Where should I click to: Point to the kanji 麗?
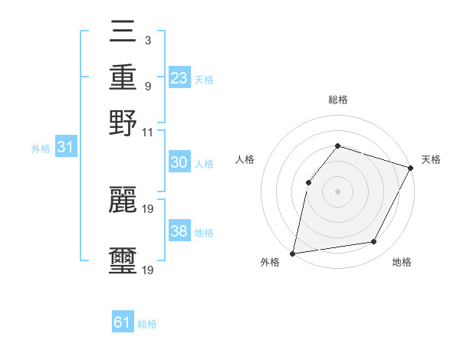pyautogui.click(x=123, y=198)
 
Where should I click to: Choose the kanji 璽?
pyautogui.click(x=123, y=259)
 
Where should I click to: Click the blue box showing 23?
pyautogui.click(x=179, y=77)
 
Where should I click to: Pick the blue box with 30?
pyautogui.click(x=179, y=163)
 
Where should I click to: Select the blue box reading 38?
pyautogui.click(x=179, y=231)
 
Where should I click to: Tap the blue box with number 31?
pyautogui.click(x=65, y=148)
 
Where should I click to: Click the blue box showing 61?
pyautogui.click(x=123, y=322)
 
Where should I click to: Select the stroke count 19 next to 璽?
pyautogui.click(x=148, y=270)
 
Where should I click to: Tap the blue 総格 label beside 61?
pyautogui.click(x=147, y=324)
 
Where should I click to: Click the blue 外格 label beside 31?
pyautogui.click(x=40, y=149)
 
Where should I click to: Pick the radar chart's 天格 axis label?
pyautogui.click(x=431, y=159)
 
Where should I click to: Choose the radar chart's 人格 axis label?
pyautogui.click(x=245, y=159)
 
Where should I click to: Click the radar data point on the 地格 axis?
pyautogui.click(x=374, y=242)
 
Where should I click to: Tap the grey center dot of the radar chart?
pyautogui.click(x=337, y=191)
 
